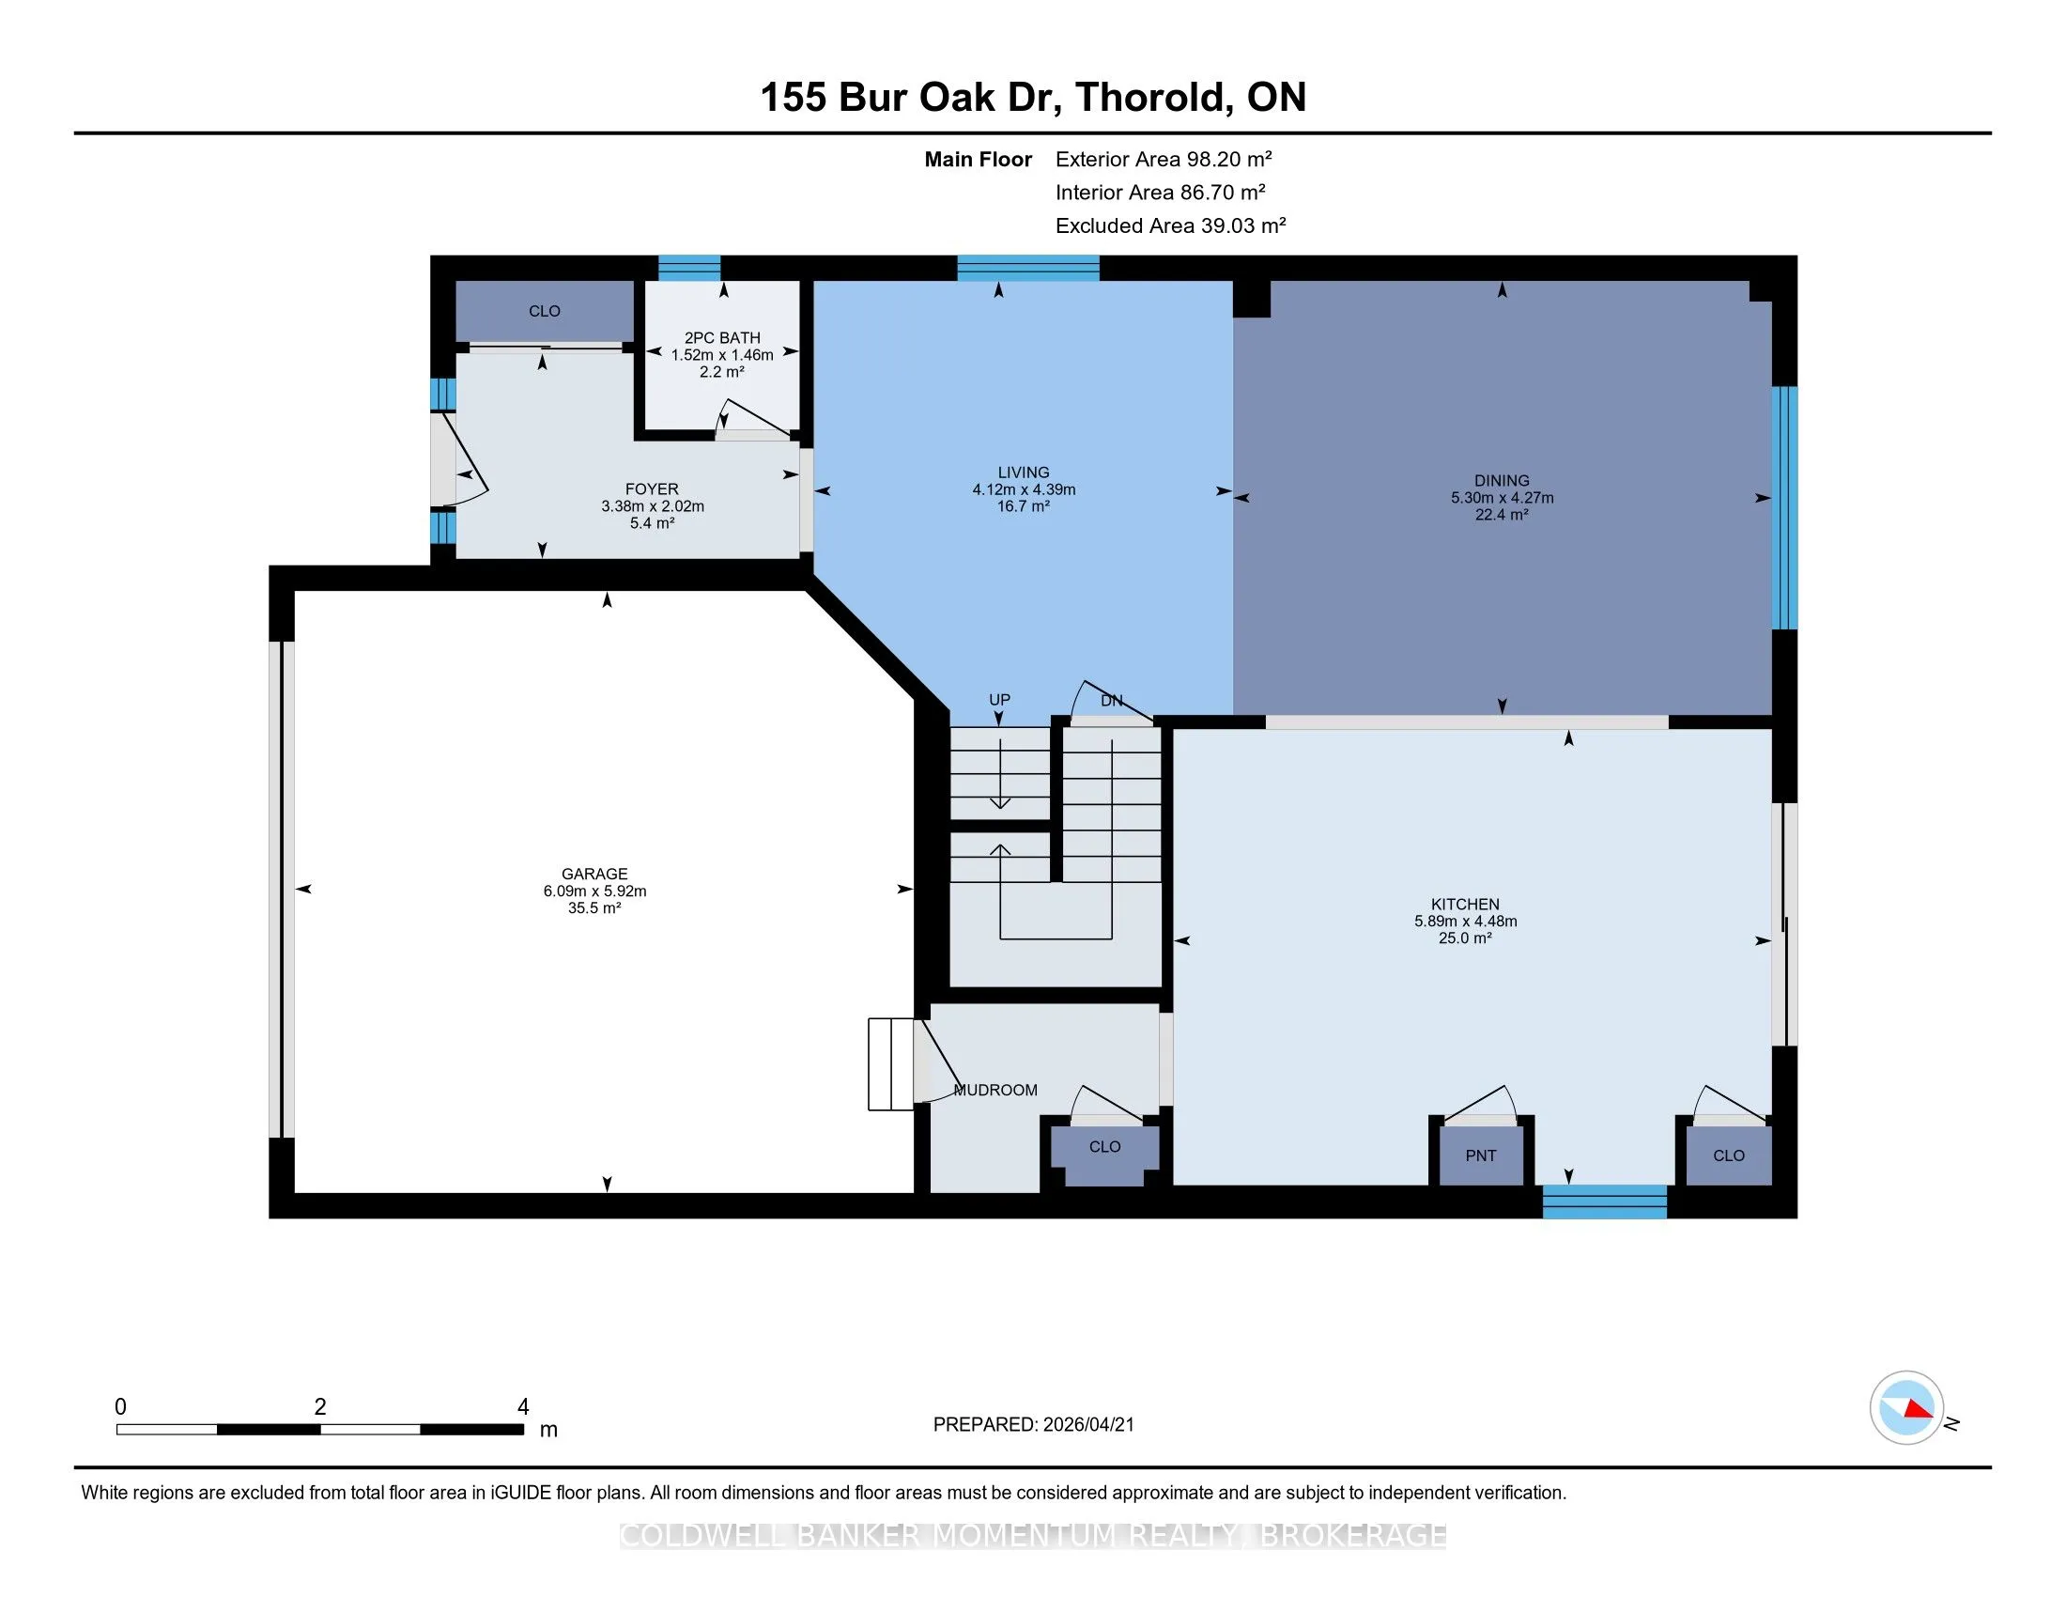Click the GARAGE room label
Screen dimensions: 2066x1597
point(594,875)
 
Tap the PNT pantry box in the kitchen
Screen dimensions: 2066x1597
point(1481,1155)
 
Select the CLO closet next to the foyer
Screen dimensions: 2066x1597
point(545,311)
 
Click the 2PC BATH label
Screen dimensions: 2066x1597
point(723,338)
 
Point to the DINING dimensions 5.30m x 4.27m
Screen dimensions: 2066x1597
point(1503,498)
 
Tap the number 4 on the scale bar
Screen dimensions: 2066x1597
point(523,1407)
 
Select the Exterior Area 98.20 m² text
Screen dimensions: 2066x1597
point(1164,159)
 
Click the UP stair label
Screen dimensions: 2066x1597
point(1000,699)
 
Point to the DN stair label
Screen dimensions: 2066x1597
point(1112,701)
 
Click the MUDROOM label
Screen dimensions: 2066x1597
point(996,1090)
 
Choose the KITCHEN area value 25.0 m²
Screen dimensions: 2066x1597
point(1465,938)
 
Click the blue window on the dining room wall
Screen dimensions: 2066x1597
point(1784,508)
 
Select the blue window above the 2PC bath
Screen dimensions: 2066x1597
point(689,268)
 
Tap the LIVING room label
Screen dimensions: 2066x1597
point(1024,473)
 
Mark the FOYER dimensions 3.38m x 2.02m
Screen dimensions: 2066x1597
point(653,506)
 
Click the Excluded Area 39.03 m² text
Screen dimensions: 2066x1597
point(1171,225)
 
